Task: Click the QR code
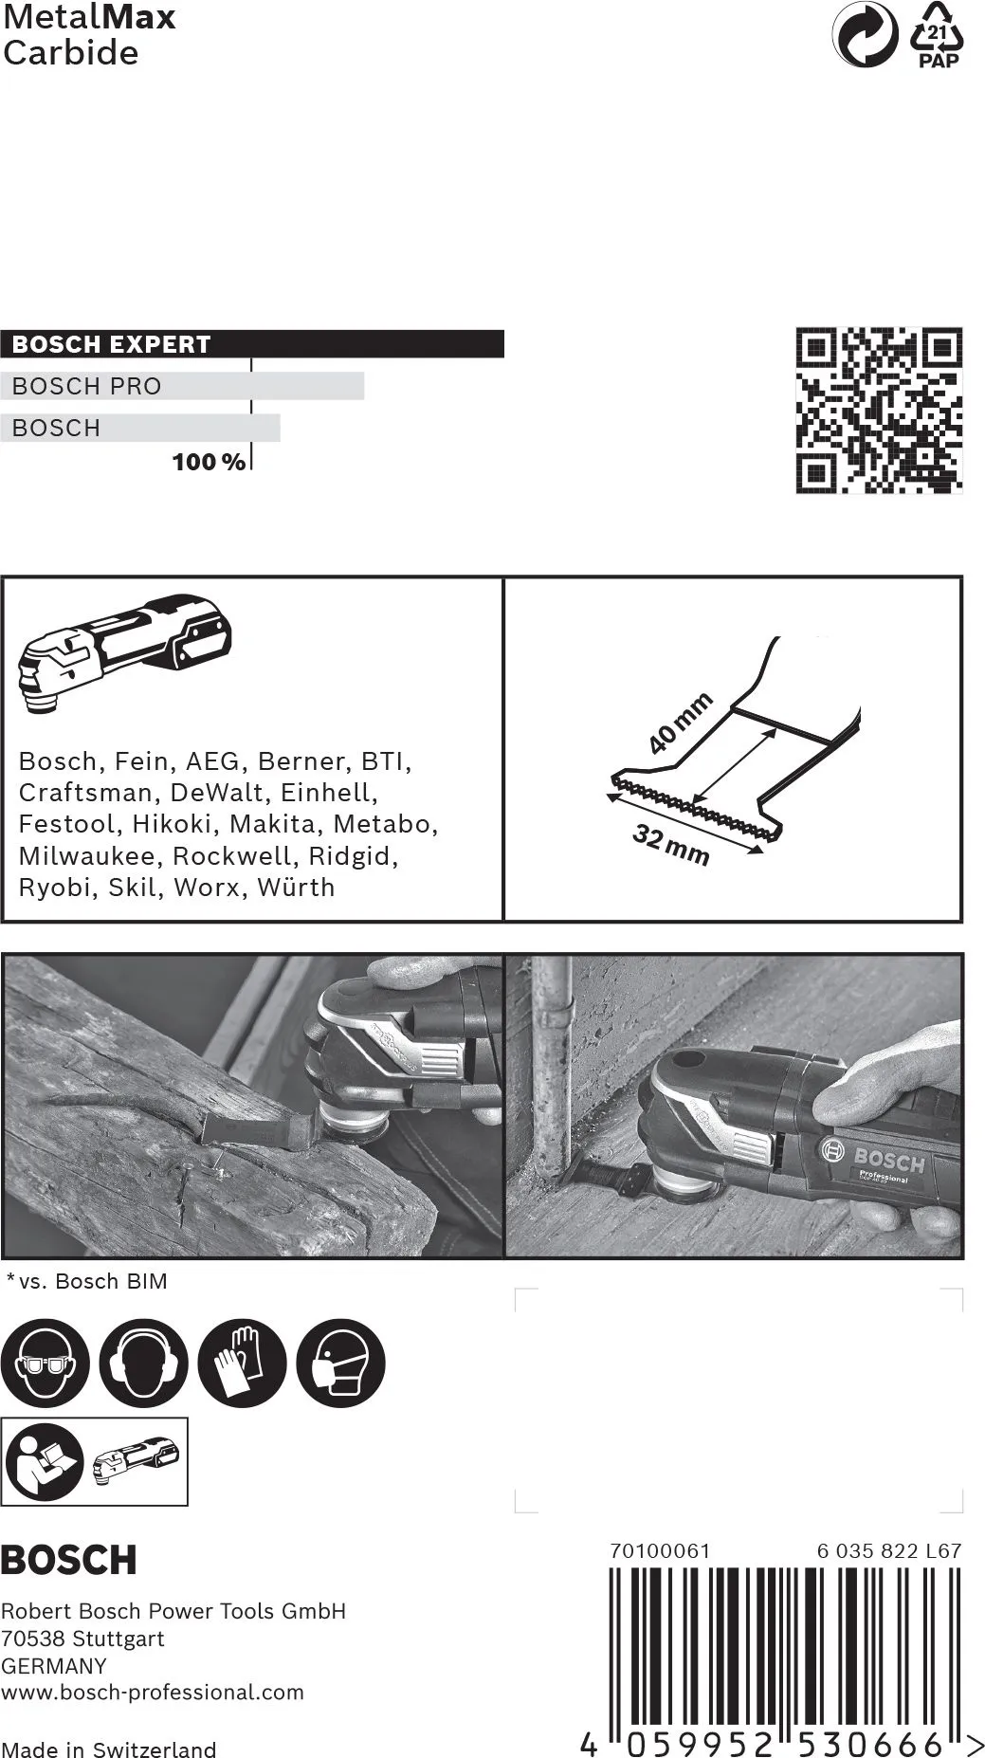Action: (878, 410)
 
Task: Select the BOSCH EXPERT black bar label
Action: (111, 344)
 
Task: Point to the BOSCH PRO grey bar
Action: (182, 386)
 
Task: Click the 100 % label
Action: (209, 463)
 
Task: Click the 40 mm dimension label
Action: (680, 723)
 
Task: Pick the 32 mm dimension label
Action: (670, 845)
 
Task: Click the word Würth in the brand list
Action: (296, 888)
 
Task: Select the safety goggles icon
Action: (45, 1364)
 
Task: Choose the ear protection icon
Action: (143, 1364)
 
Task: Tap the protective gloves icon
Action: (242, 1364)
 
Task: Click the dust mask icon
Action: (340, 1364)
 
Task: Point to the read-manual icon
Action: (44, 1462)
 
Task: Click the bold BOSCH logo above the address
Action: (68, 1560)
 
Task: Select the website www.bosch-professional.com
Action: (153, 1693)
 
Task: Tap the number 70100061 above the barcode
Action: (660, 1551)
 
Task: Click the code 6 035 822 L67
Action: (889, 1551)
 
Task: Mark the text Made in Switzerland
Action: (109, 1749)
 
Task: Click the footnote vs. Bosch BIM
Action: (93, 1281)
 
